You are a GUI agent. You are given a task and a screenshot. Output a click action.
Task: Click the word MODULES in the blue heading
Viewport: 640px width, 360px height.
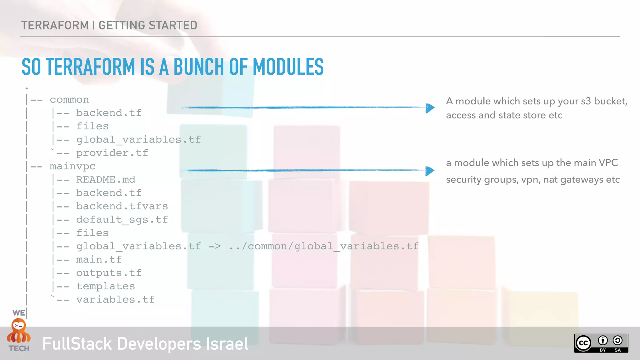[x=288, y=67]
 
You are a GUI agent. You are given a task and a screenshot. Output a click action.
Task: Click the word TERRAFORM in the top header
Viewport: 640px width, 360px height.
[x=55, y=25]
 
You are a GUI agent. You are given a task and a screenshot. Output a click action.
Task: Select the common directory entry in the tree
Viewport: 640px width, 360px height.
[x=69, y=100]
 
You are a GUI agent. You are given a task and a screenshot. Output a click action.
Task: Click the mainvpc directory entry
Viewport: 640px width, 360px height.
[x=72, y=166]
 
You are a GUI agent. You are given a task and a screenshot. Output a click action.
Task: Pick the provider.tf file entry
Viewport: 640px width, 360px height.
[x=112, y=153]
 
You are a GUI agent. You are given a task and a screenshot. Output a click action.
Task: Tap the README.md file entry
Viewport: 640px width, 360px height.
[x=106, y=180]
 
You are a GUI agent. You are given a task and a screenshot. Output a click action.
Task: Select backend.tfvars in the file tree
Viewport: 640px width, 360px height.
[x=122, y=206]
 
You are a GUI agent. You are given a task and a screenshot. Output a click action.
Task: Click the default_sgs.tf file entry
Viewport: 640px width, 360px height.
[x=122, y=220]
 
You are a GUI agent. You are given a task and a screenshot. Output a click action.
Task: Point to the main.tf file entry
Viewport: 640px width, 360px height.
[x=99, y=260]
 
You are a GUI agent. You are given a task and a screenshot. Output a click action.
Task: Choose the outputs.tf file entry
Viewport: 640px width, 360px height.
[x=109, y=273]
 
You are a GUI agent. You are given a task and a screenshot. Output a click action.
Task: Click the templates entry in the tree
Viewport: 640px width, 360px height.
[x=105, y=286]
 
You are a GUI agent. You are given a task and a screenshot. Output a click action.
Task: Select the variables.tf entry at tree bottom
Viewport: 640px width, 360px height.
[x=115, y=300]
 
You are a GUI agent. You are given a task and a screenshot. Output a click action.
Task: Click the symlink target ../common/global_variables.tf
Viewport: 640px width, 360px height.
[x=324, y=246]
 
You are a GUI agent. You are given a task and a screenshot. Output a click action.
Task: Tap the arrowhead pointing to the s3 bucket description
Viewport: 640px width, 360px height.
[x=430, y=108]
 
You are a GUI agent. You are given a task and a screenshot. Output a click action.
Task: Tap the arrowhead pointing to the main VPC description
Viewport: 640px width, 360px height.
[x=430, y=171]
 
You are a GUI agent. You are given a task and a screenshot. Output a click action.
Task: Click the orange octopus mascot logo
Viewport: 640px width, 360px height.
[x=19, y=331]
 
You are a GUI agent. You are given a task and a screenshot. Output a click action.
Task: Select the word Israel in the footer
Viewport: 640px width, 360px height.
[x=227, y=344]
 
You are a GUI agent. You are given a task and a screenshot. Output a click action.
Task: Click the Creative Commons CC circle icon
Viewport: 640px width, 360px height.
[x=583, y=343]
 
